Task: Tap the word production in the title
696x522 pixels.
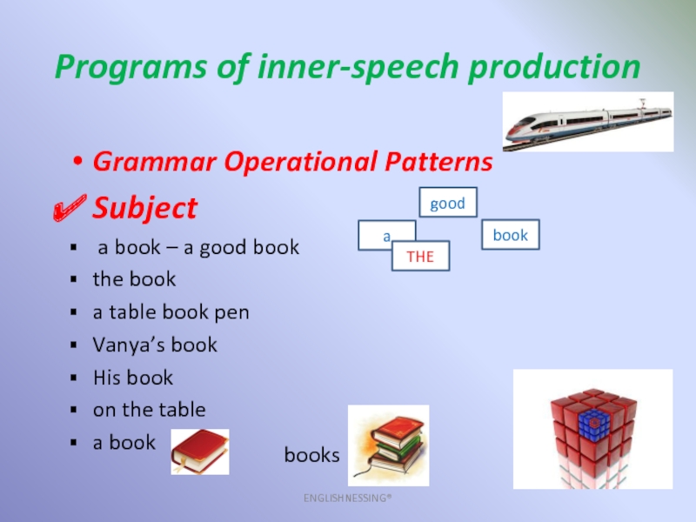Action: pyautogui.click(x=554, y=67)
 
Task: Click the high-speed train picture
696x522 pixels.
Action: pyautogui.click(x=588, y=122)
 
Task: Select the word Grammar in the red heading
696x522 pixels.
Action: pyautogui.click(x=155, y=161)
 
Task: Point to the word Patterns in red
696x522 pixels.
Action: pyautogui.click(x=438, y=161)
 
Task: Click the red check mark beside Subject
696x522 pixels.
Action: pyautogui.click(x=70, y=208)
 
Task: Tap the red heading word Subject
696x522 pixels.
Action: pyautogui.click(x=144, y=208)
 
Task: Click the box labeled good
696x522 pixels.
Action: pyautogui.click(x=448, y=203)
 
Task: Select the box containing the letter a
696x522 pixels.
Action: pyautogui.click(x=378, y=231)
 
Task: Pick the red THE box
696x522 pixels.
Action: pyautogui.click(x=420, y=256)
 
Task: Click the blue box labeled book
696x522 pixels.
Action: pyautogui.click(x=511, y=234)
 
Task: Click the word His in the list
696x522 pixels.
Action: pyautogui.click(x=106, y=378)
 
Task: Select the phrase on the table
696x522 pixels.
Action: pyautogui.click(x=149, y=410)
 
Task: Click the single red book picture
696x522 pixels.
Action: pyautogui.click(x=200, y=452)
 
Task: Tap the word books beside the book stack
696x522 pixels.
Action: pyautogui.click(x=311, y=455)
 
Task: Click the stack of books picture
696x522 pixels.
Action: pyautogui.click(x=388, y=445)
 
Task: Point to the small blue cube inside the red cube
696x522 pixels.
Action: pyautogui.click(x=593, y=424)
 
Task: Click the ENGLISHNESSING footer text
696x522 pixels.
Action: pyautogui.click(x=347, y=498)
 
